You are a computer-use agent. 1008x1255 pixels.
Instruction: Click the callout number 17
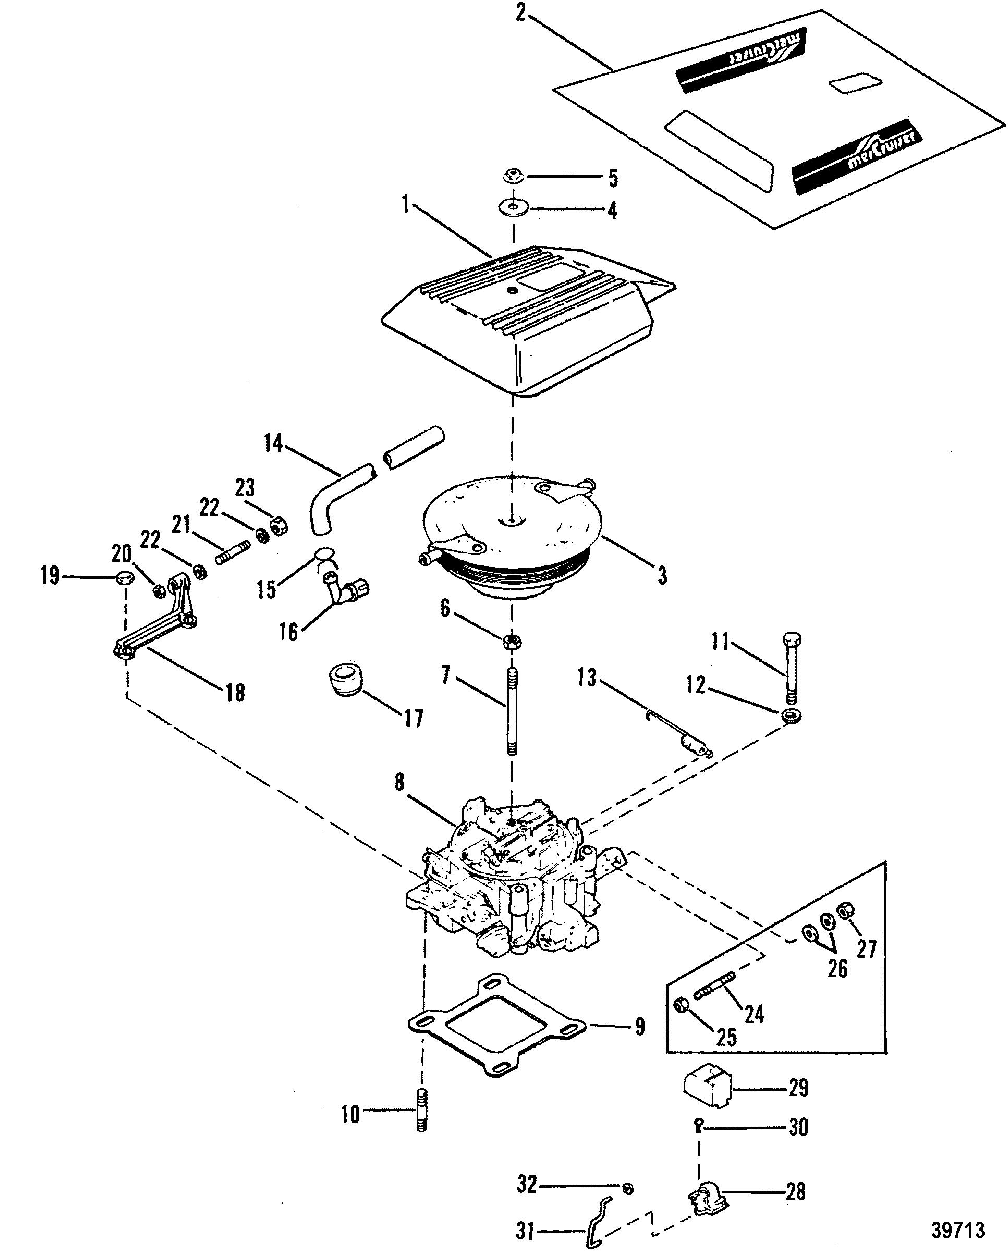click(x=414, y=719)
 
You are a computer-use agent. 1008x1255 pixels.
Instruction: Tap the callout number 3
click(x=662, y=576)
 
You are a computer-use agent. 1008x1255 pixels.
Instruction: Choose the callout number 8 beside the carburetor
click(x=399, y=782)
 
